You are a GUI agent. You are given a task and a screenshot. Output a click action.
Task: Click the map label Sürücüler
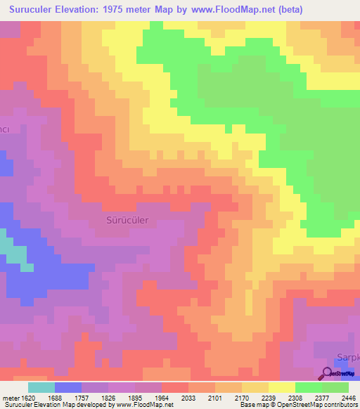coord(127,220)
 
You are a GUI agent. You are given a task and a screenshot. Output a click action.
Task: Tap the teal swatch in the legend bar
coord(41,387)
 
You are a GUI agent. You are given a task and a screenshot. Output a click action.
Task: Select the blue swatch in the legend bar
coord(67,387)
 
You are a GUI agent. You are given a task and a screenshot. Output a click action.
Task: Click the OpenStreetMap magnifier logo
coord(327,372)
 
